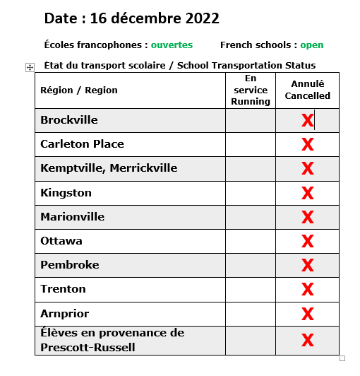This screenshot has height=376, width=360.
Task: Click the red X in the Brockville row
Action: [307, 121]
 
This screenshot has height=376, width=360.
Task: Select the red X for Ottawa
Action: [307, 241]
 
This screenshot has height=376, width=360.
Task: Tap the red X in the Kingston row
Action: [307, 193]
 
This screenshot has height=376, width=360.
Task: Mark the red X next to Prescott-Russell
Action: [307, 340]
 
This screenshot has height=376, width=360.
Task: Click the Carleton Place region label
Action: [82, 144]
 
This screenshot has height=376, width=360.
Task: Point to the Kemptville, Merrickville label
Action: [109, 168]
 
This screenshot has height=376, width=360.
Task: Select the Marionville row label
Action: [72, 216]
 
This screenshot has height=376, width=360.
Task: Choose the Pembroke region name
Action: [70, 265]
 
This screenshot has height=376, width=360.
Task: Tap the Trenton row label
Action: [63, 289]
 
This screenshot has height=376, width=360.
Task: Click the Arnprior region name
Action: [65, 313]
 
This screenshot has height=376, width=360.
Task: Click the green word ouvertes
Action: [172, 45]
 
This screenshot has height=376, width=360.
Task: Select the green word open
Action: [312, 45]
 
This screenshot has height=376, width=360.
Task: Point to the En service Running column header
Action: [251, 90]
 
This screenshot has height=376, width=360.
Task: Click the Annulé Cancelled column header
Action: [307, 90]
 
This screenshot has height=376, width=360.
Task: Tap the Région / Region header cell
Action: [79, 90]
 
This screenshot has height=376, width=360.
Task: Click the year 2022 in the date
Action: [197, 18]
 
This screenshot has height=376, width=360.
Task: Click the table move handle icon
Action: [30, 67]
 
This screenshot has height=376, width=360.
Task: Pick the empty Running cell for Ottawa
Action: [251, 241]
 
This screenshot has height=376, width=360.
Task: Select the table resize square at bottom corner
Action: [342, 358]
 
